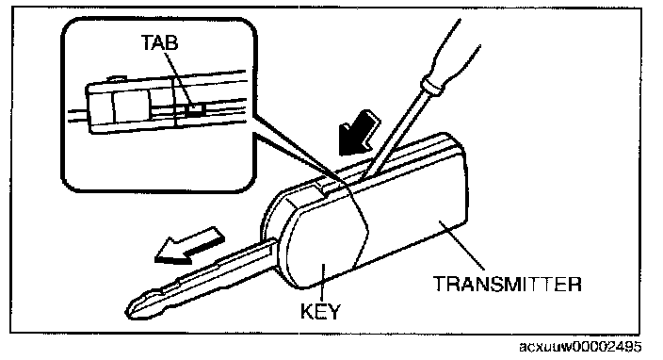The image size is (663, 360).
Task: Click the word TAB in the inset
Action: coord(159,42)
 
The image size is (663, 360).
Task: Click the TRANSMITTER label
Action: coord(508,284)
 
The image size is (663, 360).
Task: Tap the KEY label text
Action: coord(320,311)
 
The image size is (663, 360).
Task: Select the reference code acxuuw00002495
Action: coord(580,347)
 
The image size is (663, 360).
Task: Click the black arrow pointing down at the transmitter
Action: coord(359,133)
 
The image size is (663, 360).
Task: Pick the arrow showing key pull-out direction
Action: coord(189,245)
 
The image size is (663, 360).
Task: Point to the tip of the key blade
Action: coord(128,312)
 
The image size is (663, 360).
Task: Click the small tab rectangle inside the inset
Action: coord(195,110)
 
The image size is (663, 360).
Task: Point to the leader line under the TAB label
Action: coord(178,78)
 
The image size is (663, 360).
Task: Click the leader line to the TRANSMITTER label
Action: coord(461,246)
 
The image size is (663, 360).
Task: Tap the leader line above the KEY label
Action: coord(323,283)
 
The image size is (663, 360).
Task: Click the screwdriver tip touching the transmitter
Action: coord(363,178)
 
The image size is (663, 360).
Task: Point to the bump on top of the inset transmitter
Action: coord(117,78)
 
